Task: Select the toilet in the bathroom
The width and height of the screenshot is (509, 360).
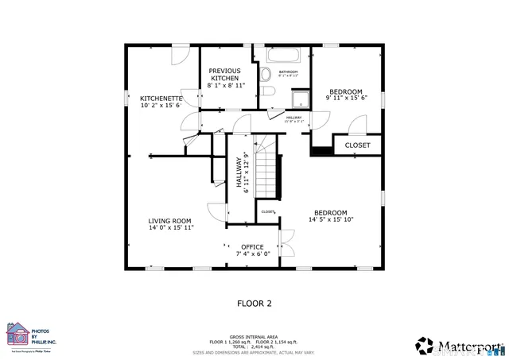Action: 266,75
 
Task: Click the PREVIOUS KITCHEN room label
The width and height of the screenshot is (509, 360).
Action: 225,74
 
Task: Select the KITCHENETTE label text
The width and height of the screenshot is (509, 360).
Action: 161,99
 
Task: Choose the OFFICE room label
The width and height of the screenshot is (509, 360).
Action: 252,247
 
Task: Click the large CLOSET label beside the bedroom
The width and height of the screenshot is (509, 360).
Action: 357,145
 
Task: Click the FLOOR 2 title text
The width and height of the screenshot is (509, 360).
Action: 254,303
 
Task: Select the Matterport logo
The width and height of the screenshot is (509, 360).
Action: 459,346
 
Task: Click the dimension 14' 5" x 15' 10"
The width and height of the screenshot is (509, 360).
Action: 330,219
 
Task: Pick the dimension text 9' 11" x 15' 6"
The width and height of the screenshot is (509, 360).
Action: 346,99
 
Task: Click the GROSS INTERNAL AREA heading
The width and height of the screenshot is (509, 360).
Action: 254,335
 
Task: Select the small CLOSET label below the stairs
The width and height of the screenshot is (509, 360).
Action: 268,211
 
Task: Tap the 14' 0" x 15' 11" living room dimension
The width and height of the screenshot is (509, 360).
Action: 170,227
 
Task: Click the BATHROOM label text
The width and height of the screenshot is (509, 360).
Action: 288,72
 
